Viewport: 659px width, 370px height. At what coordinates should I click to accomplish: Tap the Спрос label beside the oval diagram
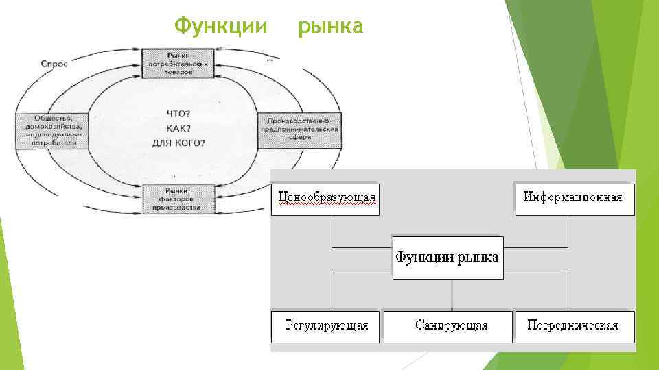54,62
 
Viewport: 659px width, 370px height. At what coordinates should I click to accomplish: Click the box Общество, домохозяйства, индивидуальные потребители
52,130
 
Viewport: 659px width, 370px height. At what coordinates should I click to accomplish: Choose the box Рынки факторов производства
178,199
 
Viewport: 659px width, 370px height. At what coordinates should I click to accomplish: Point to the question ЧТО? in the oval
179,113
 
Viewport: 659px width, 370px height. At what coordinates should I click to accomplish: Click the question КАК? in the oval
179,128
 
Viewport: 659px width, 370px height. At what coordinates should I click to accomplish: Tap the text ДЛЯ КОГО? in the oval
179,143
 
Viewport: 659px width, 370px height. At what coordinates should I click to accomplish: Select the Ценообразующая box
325,199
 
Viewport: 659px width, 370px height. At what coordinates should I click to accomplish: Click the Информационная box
575,199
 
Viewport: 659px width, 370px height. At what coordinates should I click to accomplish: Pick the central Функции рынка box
448,258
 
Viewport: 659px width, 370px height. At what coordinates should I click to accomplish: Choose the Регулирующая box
325,326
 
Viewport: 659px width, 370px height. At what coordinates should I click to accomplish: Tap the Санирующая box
448,326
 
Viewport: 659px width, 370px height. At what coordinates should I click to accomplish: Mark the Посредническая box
574,326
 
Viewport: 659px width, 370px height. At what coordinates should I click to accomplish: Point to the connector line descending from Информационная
568,231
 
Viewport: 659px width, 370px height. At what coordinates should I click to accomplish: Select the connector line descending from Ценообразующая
332,231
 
